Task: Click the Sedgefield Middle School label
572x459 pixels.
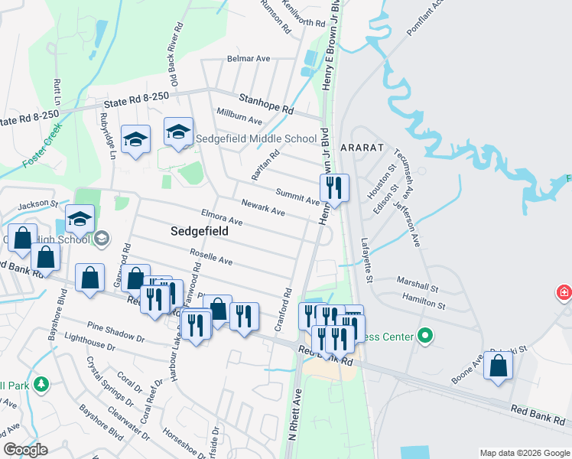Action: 255,138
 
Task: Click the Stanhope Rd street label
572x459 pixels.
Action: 265,104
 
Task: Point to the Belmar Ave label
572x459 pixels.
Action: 249,58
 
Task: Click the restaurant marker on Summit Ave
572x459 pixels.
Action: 333,187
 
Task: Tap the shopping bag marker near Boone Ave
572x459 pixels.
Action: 498,366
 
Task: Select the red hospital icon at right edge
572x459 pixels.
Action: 564,292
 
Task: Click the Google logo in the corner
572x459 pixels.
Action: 25,450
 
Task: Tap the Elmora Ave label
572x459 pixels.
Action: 221,217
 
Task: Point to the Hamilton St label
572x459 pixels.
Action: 424,304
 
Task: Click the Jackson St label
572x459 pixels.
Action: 38,205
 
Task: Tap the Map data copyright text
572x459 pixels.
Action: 524,452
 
